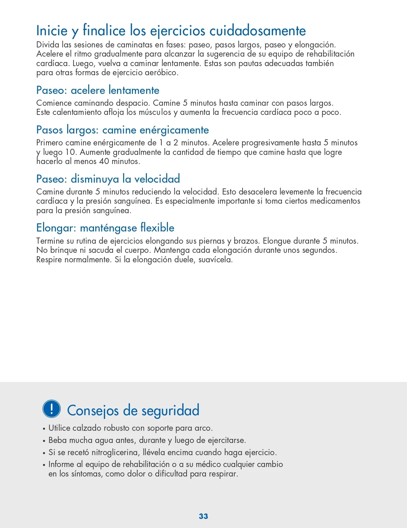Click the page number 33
click(x=203, y=516)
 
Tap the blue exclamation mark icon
click(x=52, y=409)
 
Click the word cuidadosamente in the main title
click(x=258, y=31)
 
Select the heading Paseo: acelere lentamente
click(x=98, y=90)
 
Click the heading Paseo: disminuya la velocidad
click(x=108, y=179)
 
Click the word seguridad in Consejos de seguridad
click(x=170, y=410)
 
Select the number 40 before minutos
click(x=104, y=161)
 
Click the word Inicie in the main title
click(x=52, y=31)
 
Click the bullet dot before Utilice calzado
click(x=44, y=429)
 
